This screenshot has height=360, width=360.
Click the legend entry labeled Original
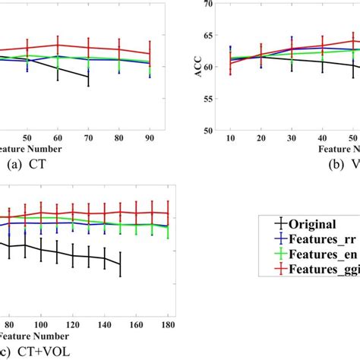point(308,223)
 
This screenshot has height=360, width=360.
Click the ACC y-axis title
point(198,66)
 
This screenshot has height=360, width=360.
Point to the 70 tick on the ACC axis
point(216,5)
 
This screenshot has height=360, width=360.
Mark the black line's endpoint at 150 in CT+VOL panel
point(120,264)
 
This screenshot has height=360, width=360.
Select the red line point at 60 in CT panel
point(58,46)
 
